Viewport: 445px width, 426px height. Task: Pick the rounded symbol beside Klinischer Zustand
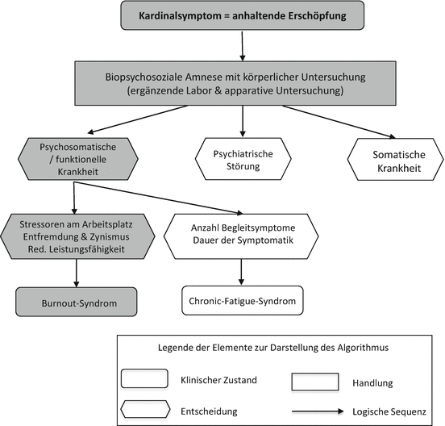[x=145, y=377]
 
